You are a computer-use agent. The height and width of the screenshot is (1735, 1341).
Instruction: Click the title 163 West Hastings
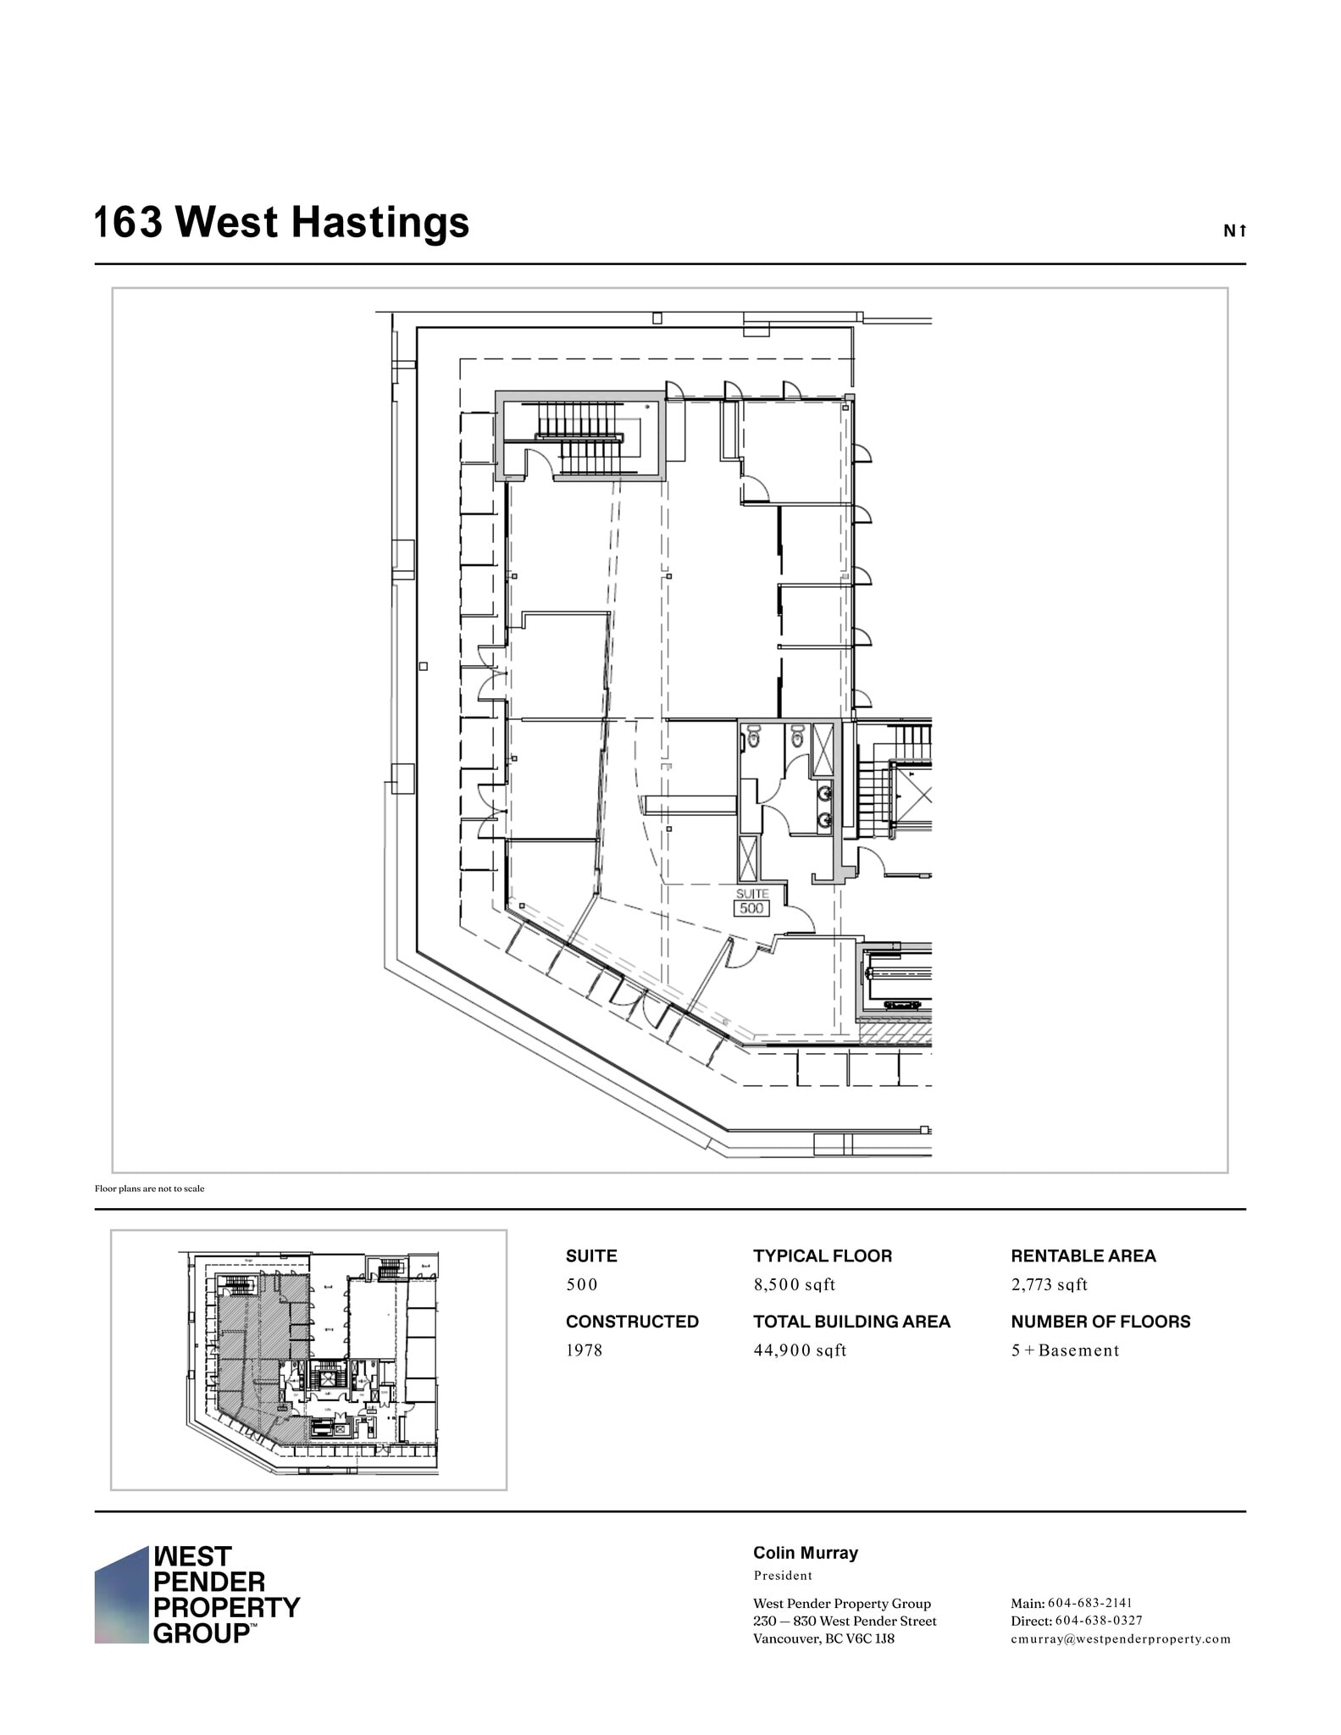tap(281, 223)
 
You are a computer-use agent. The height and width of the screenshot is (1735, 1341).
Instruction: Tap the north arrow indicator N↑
tap(1234, 230)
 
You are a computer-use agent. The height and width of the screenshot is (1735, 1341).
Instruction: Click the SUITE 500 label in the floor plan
tap(751, 903)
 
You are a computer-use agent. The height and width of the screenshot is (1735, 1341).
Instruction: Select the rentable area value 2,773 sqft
tap(1049, 1284)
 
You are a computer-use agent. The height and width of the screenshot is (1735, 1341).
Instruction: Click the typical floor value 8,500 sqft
tap(794, 1284)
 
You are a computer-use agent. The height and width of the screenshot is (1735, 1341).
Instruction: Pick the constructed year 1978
tap(584, 1350)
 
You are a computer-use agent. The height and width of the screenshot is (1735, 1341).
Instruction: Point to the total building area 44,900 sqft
tap(800, 1350)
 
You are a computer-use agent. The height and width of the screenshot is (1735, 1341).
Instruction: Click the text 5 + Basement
tap(1065, 1350)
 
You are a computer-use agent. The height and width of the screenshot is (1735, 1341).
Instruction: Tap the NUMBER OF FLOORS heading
tap(1100, 1322)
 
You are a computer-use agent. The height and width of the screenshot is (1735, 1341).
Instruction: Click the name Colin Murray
tap(805, 1553)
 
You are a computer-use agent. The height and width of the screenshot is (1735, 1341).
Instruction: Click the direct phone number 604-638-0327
tap(1098, 1621)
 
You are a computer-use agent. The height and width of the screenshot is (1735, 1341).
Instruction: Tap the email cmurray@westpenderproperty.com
tap(1120, 1638)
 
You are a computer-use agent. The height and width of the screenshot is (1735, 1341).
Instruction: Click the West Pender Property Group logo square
tap(121, 1596)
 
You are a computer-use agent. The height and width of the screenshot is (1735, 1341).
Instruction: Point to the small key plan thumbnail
tap(309, 1361)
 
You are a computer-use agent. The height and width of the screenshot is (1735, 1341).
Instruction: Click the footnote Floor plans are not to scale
tap(149, 1189)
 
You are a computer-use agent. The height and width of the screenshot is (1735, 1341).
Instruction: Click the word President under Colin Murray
tap(783, 1576)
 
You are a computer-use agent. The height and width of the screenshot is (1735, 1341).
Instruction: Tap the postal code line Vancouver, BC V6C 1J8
tap(823, 1638)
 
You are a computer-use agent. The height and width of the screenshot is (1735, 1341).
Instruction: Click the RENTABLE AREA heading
tap(1083, 1256)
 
